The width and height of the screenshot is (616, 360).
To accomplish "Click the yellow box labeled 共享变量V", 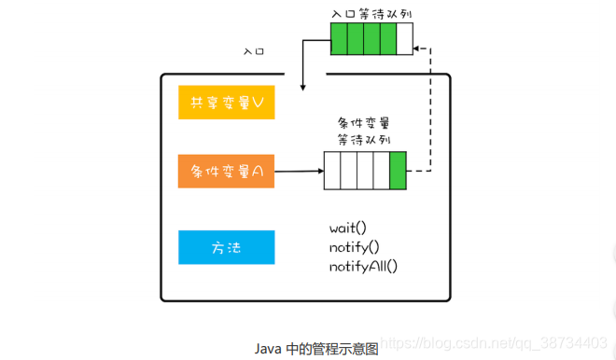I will [227, 103].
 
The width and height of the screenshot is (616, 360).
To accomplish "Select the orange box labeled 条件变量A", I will [227, 172].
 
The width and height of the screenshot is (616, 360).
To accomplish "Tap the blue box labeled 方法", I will [227, 247].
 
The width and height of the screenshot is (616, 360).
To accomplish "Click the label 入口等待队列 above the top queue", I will [371, 14].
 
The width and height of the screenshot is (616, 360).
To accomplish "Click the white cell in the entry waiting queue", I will [403, 39].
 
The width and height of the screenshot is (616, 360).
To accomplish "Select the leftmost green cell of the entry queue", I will [339, 39].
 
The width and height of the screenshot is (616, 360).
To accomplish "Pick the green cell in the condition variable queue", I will [399, 172].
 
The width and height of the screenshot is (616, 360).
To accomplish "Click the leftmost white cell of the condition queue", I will [332, 172].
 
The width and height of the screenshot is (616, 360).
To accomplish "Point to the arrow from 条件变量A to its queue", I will [299, 172].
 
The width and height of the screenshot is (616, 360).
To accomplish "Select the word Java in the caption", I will [268, 348].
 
